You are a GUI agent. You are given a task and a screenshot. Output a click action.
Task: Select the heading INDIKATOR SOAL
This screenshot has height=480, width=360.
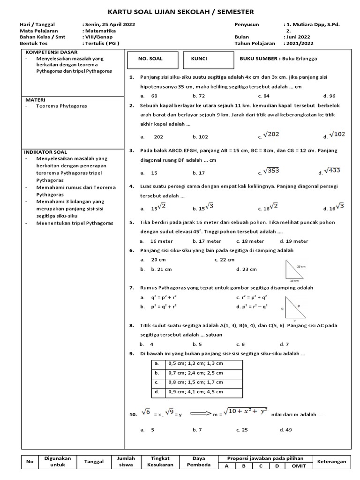pos(45,152)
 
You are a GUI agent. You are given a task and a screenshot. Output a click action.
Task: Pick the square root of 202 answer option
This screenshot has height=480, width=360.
pos(270,135)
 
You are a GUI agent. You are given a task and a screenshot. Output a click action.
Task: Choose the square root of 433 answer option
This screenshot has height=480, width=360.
pos(334,171)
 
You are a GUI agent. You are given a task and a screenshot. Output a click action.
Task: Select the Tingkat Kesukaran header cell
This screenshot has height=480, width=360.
pos(161,462)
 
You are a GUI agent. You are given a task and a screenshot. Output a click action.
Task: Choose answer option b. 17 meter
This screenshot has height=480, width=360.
pos(207,241)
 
